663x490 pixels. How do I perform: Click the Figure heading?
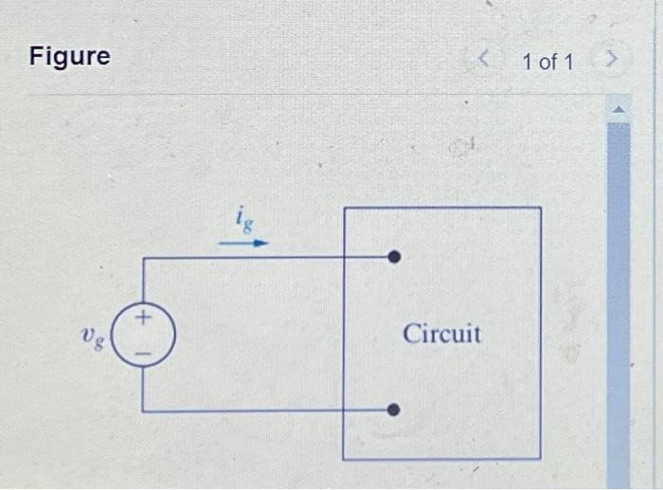pyautogui.click(x=69, y=57)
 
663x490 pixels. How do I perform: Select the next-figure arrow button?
pyautogui.click(x=613, y=62)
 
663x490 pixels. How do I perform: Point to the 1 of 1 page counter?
pyautogui.click(x=547, y=63)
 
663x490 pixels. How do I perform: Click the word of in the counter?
pyautogui.click(x=547, y=63)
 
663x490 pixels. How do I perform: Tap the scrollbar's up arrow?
pyautogui.click(x=618, y=110)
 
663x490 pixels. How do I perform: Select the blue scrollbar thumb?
pyautogui.click(x=618, y=303)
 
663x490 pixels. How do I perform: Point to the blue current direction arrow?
pyautogui.click(x=243, y=243)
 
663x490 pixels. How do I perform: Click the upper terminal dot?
pyautogui.click(x=395, y=257)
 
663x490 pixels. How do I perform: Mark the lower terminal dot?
pyautogui.click(x=395, y=410)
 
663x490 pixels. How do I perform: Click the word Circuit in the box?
pyautogui.click(x=441, y=334)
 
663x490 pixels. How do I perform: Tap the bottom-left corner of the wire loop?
pyautogui.click(x=142, y=410)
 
